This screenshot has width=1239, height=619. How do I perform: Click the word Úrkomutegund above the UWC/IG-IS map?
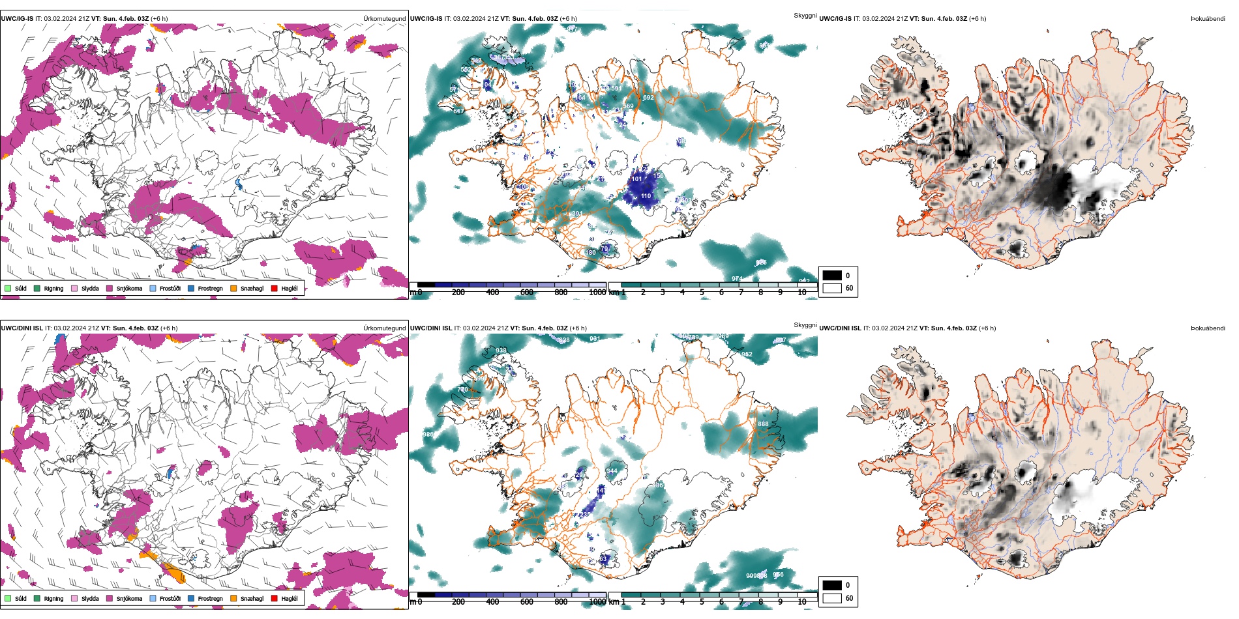384,18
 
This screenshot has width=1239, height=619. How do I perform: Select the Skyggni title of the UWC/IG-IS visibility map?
805,15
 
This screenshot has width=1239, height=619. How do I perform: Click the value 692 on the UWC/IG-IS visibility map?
648,98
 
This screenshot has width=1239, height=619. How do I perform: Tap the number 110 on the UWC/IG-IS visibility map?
646,196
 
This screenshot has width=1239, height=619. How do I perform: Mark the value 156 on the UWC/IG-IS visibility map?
659,176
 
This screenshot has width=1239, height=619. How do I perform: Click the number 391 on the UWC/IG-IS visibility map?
576,214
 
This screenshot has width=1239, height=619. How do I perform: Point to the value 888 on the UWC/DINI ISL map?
763,424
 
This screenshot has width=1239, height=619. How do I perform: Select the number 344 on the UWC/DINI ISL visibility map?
612,471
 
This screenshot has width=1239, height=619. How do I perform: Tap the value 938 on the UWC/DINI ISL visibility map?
501,351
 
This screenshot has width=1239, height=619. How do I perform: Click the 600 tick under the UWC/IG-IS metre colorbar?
527,293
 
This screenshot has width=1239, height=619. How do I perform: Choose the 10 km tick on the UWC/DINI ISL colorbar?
801,601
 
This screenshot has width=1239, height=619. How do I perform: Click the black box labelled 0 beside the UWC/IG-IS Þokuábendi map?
832,275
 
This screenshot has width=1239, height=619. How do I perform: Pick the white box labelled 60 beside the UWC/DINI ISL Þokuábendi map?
832,597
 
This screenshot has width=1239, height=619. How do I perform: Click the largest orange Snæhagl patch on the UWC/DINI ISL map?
173,573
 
